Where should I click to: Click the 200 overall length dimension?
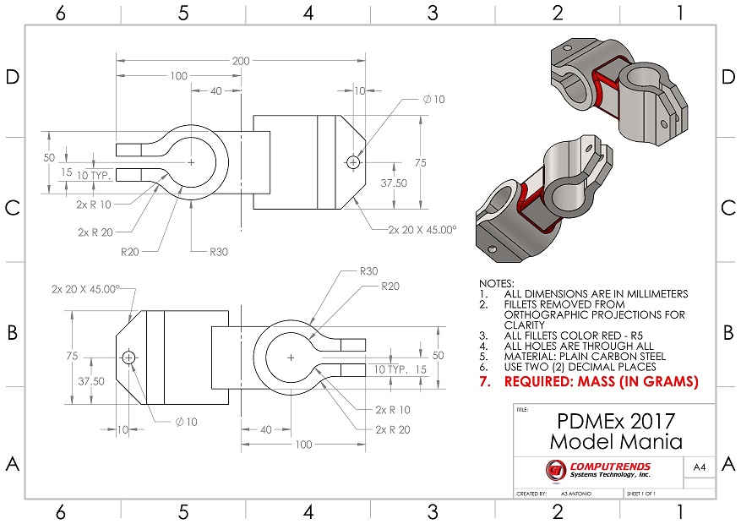(241, 62)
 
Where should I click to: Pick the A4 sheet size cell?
(699, 467)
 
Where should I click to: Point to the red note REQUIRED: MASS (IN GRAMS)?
(601, 382)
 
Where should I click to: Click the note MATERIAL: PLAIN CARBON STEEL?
(585, 356)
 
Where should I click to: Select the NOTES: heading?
(496, 283)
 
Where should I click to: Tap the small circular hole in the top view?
(352, 161)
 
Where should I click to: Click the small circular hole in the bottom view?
(128, 358)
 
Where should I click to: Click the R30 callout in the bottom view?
(368, 271)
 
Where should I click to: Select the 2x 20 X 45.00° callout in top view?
(422, 229)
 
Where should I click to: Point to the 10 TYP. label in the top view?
(94, 174)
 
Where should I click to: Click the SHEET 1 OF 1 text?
(641, 493)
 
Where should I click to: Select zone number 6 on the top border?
(60, 13)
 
